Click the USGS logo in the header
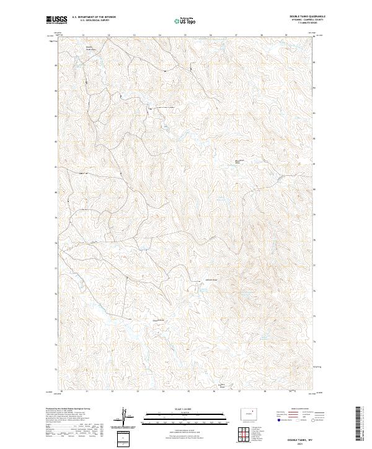pyautogui.click(x=56, y=20)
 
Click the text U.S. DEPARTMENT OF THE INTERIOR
pyautogui.click(x=94, y=17)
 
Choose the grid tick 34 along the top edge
pyautogui.click(x=160, y=35)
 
